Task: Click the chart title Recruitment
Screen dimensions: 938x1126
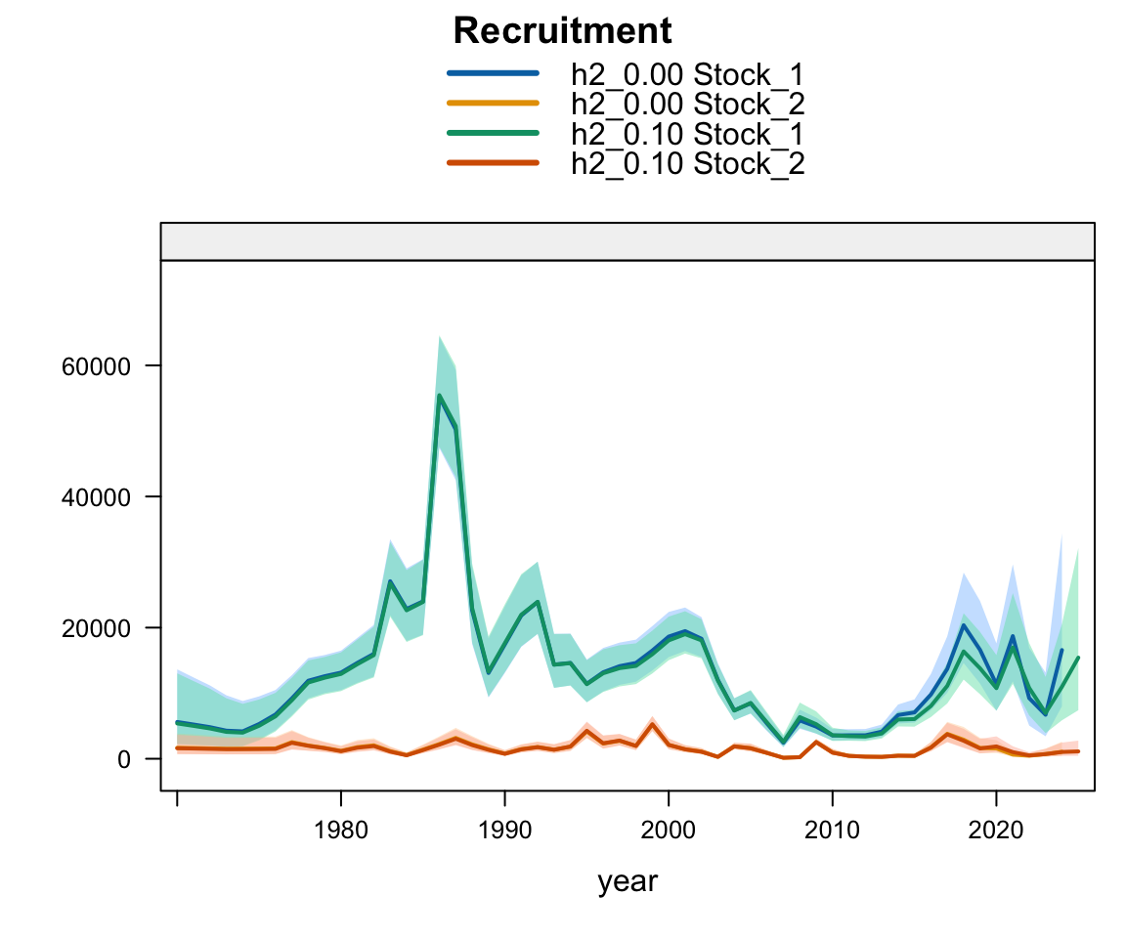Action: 562,31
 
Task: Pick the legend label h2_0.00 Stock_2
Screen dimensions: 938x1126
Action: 687,103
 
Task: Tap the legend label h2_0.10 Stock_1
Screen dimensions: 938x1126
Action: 687,133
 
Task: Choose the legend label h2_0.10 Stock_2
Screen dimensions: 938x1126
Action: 687,163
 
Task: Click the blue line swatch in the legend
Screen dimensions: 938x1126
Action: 493,72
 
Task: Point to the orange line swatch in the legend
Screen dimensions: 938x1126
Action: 493,103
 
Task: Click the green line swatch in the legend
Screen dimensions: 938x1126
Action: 493,133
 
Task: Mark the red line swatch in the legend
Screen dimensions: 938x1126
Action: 493,163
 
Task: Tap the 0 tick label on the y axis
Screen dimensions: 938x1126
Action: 124,759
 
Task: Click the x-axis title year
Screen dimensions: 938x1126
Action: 628,881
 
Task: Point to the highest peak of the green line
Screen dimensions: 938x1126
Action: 439,395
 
